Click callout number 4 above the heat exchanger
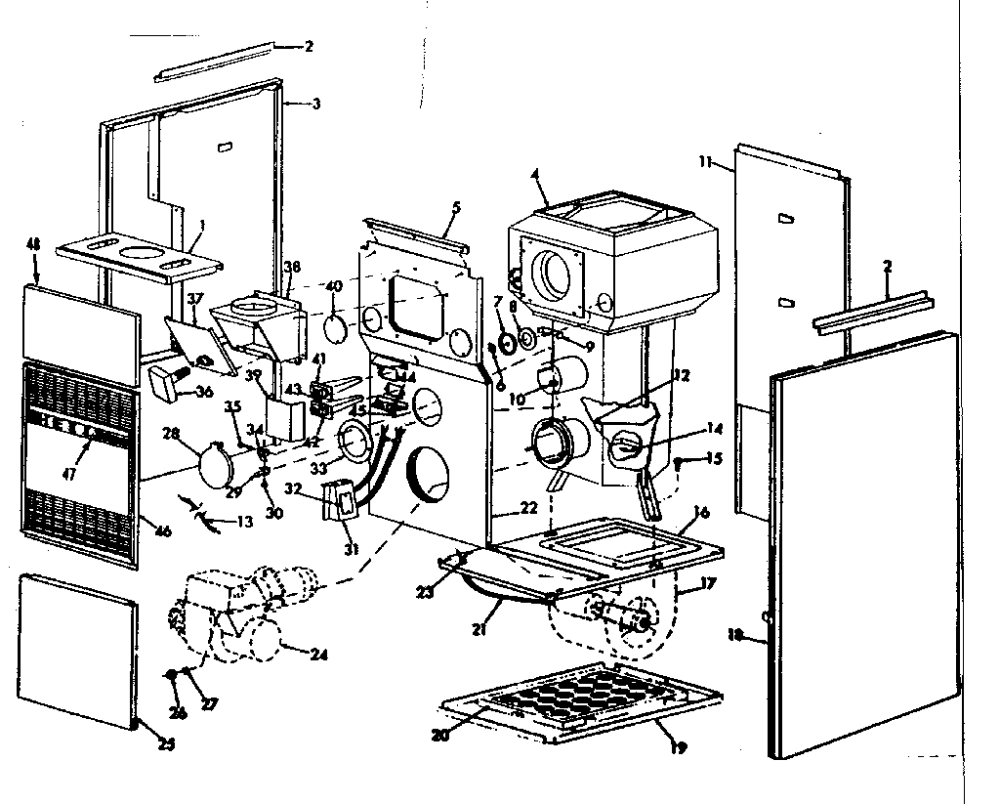point(535,176)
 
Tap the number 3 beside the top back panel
point(314,104)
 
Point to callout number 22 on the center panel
point(528,507)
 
